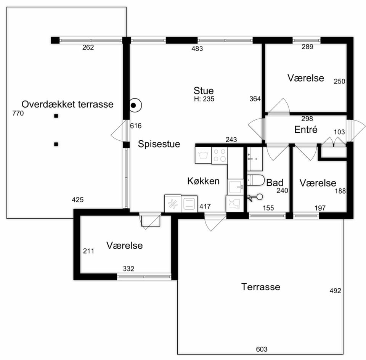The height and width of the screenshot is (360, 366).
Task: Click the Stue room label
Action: click(x=204, y=91)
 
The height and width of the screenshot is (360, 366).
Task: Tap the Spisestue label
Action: click(x=159, y=144)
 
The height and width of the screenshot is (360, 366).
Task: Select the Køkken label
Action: click(x=203, y=181)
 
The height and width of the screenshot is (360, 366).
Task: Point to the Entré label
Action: click(x=306, y=130)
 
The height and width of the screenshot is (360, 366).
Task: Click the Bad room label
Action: click(x=275, y=183)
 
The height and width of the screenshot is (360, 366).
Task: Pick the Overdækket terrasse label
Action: click(x=67, y=104)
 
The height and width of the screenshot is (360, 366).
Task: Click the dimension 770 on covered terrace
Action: click(x=18, y=113)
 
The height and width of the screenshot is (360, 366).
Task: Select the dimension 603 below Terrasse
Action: click(x=262, y=349)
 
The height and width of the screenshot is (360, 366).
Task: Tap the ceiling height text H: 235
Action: click(x=204, y=99)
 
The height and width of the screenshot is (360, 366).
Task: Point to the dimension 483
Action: click(x=197, y=48)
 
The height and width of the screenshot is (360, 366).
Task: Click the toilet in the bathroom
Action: click(x=255, y=180)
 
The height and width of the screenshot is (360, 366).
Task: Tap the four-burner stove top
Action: click(x=220, y=155)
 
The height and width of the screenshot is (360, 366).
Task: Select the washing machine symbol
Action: click(x=203, y=155)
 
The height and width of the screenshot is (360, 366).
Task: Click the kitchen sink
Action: click(x=235, y=187)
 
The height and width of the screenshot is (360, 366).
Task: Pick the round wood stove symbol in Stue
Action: click(x=135, y=106)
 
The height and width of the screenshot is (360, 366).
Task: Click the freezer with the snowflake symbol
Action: click(x=173, y=204)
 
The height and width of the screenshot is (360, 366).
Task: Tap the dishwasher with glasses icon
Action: click(x=234, y=204)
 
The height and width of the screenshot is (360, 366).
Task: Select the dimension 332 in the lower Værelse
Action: click(x=128, y=269)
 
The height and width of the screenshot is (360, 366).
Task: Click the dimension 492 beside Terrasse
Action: click(x=335, y=291)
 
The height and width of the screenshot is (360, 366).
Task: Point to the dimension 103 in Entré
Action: click(x=339, y=132)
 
